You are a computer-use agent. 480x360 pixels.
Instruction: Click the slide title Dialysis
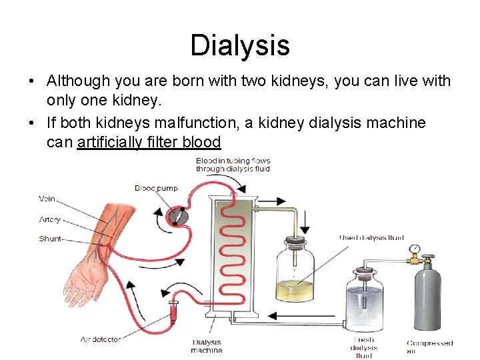[240, 45]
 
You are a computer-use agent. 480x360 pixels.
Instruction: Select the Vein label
[47, 199]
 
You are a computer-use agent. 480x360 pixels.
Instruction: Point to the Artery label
[49, 219]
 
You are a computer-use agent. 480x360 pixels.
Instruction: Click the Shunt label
[50, 239]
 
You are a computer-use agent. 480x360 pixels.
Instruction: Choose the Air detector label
[101, 339]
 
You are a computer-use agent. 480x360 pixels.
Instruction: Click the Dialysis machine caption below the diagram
[207, 346]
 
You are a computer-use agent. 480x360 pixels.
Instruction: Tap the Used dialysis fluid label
[371, 238]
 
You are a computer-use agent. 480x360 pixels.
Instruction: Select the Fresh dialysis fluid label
[363, 347]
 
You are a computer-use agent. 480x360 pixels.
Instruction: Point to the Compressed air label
[430, 347]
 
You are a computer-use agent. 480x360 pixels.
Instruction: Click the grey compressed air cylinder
[427, 300]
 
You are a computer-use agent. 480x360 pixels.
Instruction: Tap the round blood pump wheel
[177, 215]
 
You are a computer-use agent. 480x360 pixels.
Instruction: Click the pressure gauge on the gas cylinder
[414, 249]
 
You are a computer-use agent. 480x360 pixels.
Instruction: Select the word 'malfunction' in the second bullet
[193, 123]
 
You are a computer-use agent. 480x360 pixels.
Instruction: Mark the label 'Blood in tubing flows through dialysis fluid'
[233, 165]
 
